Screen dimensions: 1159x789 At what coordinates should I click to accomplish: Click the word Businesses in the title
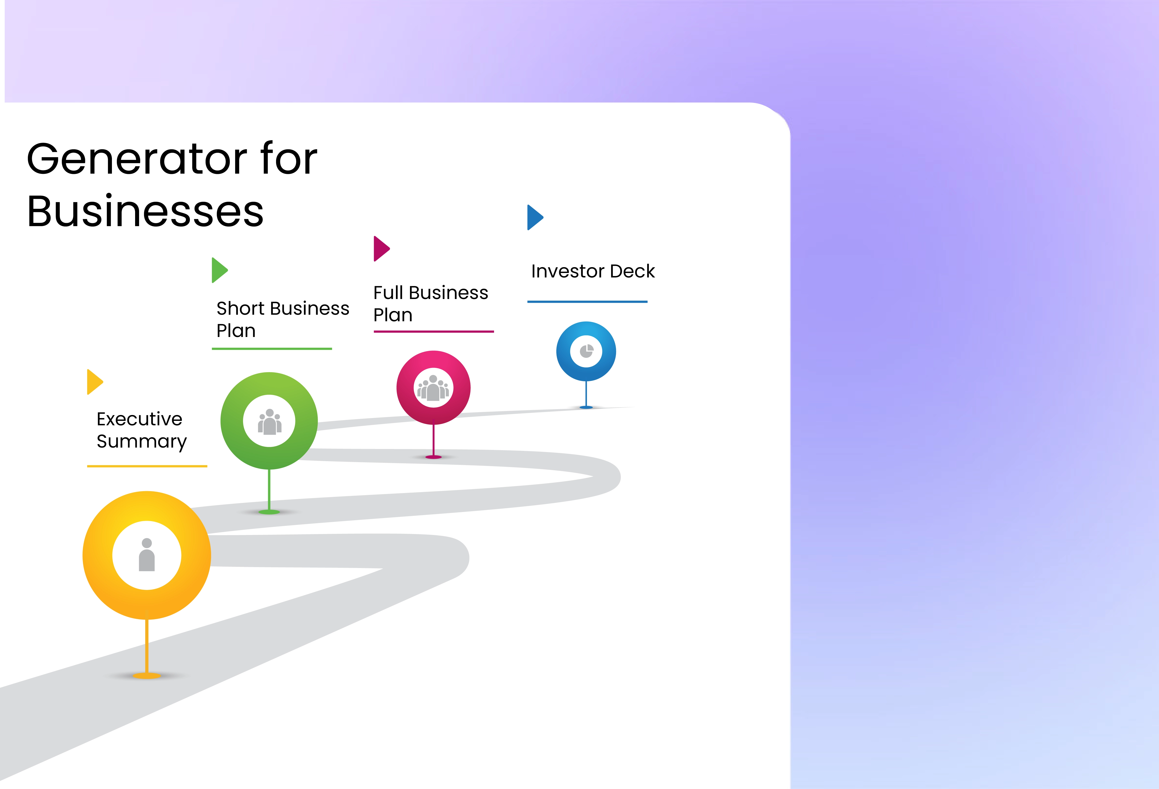[145, 211]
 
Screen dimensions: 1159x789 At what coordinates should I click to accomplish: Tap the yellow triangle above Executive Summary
[94, 382]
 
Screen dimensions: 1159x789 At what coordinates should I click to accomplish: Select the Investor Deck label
[593, 271]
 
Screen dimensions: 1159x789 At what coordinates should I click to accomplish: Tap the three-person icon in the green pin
[269, 422]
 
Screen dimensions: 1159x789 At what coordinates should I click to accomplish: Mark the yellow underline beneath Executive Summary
[147, 466]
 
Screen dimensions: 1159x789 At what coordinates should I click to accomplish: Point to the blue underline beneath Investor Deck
[587, 301]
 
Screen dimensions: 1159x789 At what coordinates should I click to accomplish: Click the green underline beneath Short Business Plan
[272, 348]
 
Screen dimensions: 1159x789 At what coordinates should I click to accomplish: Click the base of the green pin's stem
[269, 512]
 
